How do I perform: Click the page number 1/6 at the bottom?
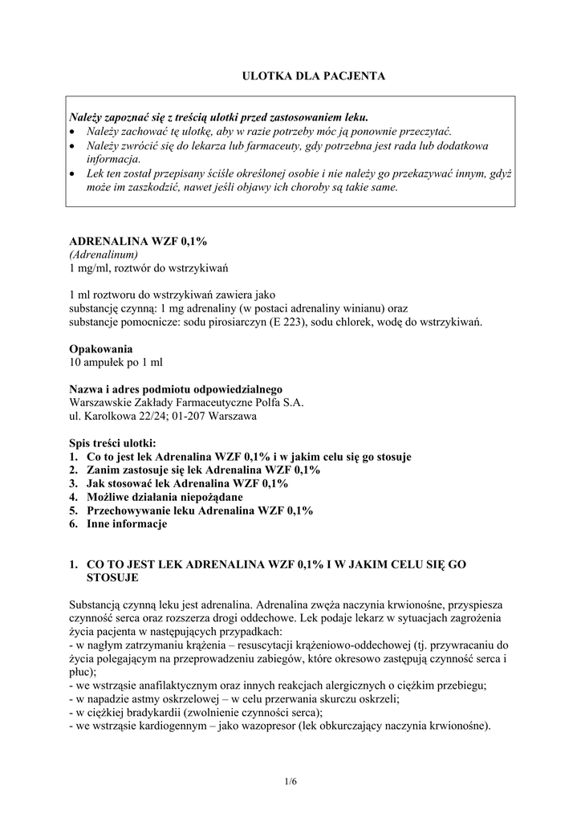tap(290, 780)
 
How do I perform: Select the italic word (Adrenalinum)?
tap(102, 254)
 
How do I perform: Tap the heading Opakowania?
tap(101, 349)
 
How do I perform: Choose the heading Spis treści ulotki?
tap(113, 443)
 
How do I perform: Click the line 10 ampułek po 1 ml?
tap(116, 363)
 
